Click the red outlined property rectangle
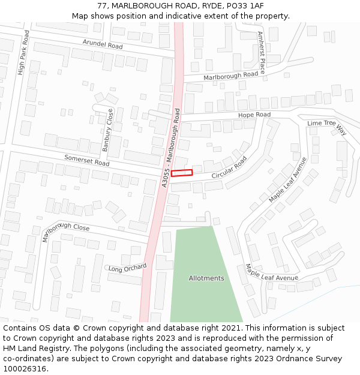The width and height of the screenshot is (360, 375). pos(182,173)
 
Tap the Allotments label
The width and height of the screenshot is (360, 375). pos(206,278)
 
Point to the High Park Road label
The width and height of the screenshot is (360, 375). pos(23,53)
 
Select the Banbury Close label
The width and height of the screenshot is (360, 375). pos(108,130)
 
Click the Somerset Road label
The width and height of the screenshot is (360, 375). pos(87,160)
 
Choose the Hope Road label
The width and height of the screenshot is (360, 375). pos(254,115)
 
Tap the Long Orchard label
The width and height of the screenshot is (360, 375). pos(127,268)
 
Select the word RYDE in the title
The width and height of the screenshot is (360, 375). pos(205,6)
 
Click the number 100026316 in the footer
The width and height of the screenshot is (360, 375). pos(26,369)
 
